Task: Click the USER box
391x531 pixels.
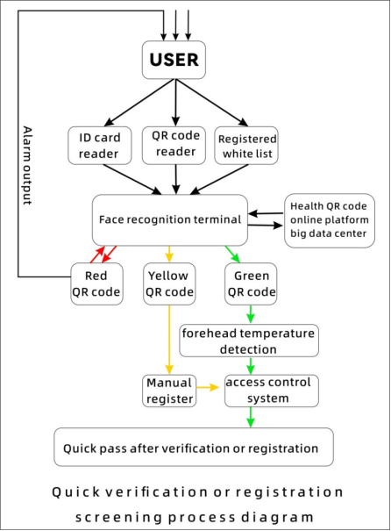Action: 174,60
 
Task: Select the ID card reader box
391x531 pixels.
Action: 100,146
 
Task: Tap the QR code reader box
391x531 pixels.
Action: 174,146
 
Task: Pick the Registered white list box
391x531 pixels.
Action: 246,146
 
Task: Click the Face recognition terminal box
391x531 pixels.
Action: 170,219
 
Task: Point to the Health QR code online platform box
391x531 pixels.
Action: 330,220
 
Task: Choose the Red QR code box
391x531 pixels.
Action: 96,283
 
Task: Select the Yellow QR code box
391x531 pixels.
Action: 169,283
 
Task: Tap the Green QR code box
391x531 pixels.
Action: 251,283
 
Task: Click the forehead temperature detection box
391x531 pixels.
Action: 249,341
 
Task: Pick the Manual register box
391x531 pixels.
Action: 169,391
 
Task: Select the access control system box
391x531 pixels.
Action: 272,391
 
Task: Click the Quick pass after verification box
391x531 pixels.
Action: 194,447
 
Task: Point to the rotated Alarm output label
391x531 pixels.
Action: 27,165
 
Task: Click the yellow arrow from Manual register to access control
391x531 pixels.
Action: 208,387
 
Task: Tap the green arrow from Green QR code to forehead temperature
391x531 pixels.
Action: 251,314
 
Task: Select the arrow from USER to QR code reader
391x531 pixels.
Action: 175,103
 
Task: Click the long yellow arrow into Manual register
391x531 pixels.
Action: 169,340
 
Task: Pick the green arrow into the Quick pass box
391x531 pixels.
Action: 251,417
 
